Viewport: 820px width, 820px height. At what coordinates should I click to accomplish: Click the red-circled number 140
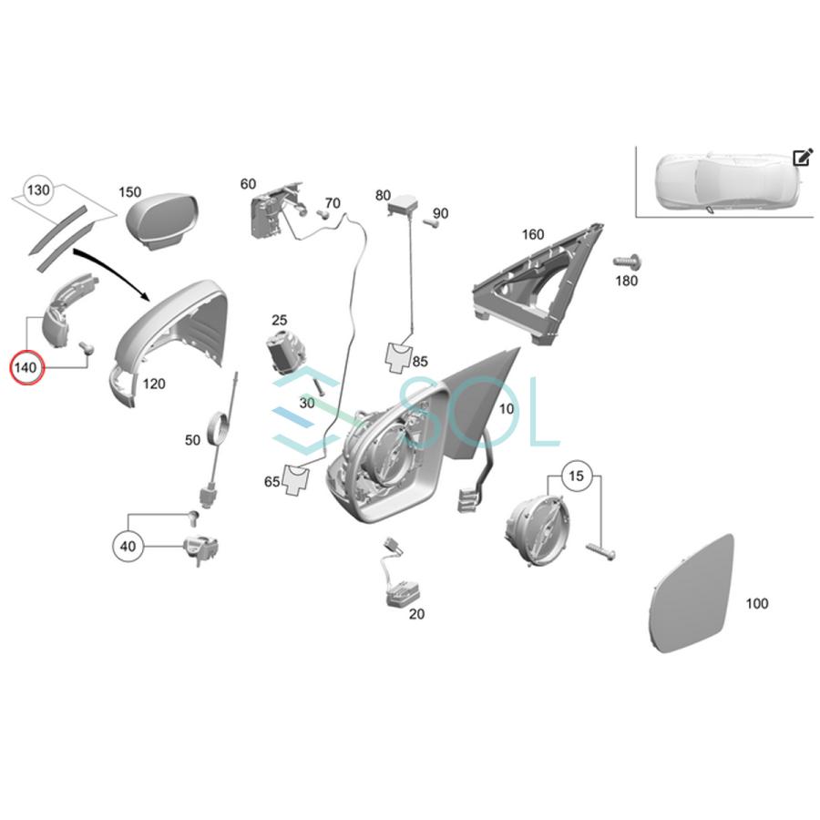(26, 368)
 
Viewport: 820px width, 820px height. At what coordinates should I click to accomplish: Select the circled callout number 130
(37, 190)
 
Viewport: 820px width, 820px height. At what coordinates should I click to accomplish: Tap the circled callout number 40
(128, 547)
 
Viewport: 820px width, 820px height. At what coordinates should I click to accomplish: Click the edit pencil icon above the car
(802, 158)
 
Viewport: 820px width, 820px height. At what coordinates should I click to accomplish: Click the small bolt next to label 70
(323, 215)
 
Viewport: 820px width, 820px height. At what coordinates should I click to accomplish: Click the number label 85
(419, 362)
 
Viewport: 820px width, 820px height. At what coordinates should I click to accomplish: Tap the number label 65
(272, 482)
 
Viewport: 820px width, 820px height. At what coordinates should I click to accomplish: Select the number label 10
(506, 409)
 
